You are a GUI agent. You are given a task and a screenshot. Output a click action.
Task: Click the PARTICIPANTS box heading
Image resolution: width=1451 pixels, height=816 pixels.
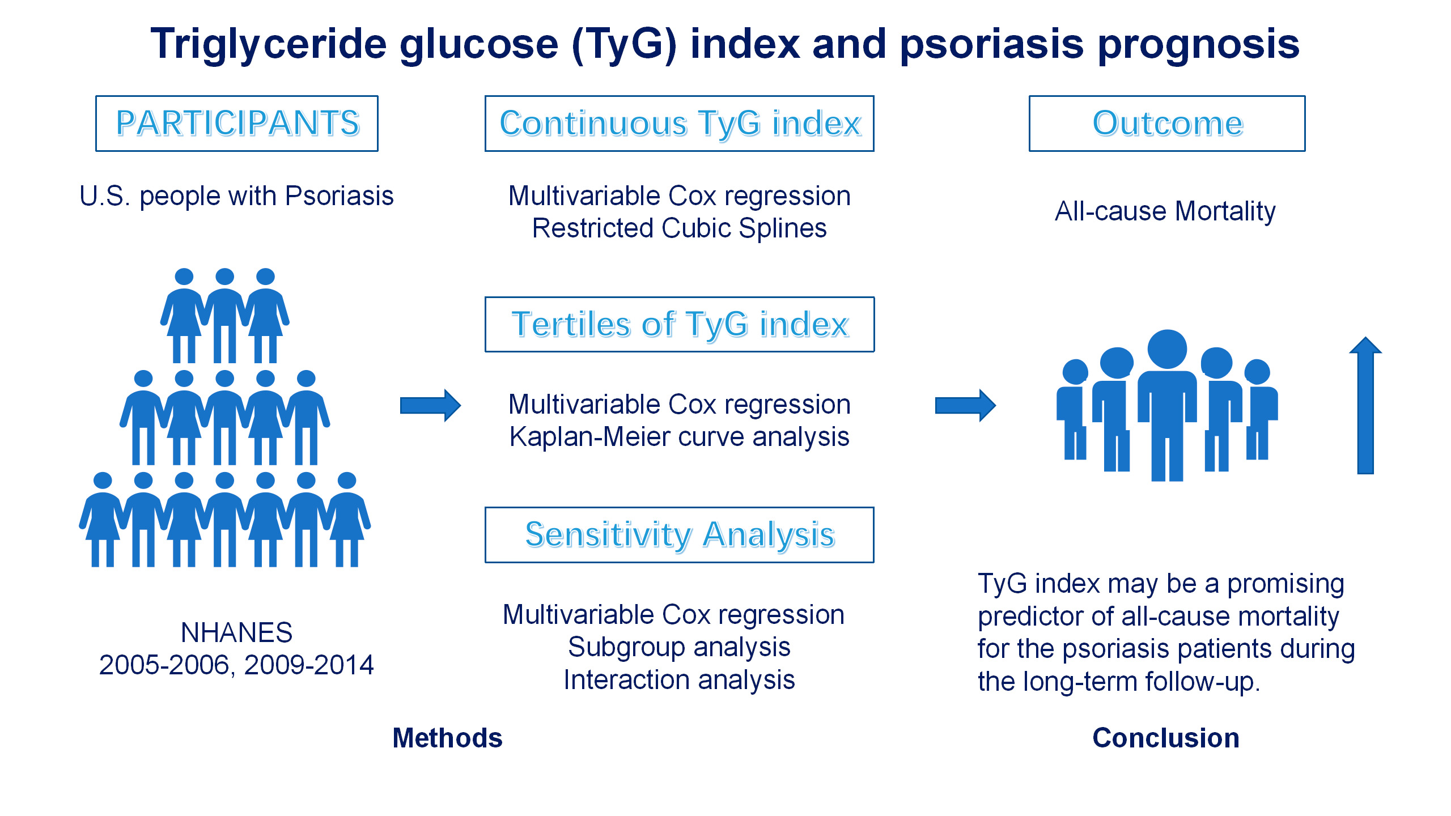237,124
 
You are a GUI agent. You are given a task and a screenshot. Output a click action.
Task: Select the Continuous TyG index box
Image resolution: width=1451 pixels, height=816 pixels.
680,124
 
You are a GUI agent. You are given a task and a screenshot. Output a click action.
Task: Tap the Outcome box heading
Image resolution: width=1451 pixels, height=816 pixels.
1167,124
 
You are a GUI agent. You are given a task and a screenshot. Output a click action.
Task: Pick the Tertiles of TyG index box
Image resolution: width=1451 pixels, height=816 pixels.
680,324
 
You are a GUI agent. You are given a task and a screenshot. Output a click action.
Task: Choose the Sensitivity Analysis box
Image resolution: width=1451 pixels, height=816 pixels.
680,535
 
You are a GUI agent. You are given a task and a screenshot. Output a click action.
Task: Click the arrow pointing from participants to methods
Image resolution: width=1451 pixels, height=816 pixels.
430,405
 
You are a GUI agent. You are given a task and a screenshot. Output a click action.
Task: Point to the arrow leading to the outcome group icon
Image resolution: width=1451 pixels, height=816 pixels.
965,405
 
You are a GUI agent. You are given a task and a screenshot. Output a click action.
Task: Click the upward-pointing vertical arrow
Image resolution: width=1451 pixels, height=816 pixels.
1365,405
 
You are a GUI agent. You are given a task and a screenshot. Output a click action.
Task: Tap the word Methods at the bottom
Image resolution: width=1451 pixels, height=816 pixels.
447,738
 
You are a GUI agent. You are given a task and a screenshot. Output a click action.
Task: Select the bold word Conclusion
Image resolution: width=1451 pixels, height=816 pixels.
1166,738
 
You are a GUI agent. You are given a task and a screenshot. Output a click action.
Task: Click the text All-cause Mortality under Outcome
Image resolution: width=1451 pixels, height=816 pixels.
1165,211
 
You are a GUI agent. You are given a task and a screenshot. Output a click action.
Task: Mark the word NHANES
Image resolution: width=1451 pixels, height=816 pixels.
236,632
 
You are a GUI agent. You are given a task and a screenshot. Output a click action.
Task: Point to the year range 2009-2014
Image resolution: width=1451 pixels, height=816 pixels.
309,665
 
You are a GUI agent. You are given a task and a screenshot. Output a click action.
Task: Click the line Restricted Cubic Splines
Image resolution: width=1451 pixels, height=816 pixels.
680,228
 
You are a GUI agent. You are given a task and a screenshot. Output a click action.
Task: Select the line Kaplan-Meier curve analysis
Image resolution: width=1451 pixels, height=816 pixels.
680,437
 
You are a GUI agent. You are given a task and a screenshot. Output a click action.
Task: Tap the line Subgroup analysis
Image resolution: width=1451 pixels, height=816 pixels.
680,647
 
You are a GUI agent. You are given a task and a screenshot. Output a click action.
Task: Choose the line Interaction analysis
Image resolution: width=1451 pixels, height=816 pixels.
680,680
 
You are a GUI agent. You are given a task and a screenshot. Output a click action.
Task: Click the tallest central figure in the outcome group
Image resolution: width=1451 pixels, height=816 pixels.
1167,405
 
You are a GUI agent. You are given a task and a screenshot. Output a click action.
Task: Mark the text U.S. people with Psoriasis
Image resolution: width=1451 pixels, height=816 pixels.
236,196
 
